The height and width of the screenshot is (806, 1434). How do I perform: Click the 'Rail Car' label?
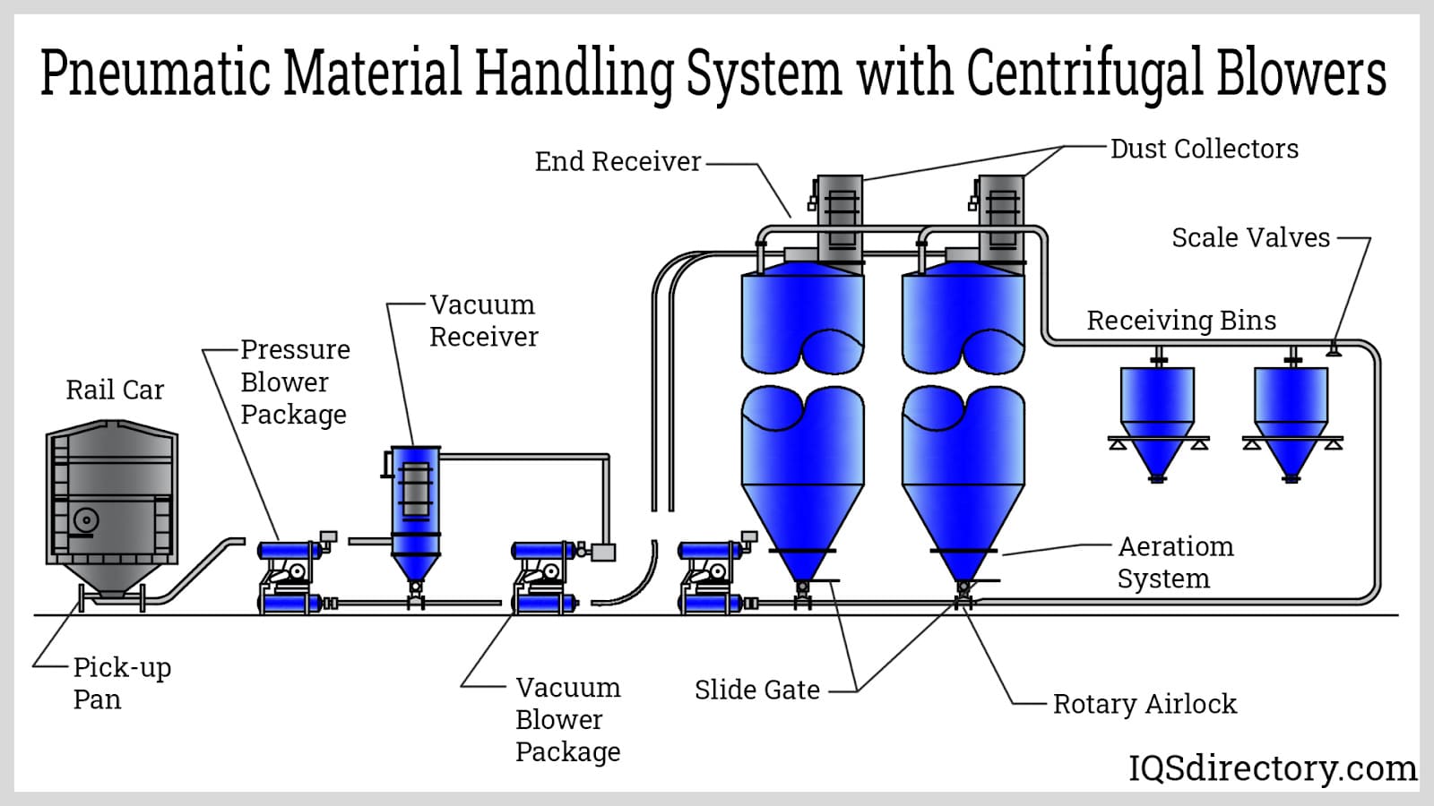[x=116, y=390]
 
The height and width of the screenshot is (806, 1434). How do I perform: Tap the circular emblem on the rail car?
[x=85, y=520]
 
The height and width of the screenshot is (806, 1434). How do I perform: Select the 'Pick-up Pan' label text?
[x=122, y=683]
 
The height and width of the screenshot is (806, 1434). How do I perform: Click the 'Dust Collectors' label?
[x=1205, y=149]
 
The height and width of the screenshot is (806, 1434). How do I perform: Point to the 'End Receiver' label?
[x=618, y=162]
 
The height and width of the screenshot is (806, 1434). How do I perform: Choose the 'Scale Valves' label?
[x=1251, y=238]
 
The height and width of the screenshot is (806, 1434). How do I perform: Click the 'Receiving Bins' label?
[x=1181, y=321]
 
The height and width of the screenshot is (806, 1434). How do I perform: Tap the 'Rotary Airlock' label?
[x=1145, y=704]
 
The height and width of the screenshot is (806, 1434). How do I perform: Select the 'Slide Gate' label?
[x=756, y=690]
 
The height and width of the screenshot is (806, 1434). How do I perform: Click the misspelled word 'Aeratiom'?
[x=1175, y=547]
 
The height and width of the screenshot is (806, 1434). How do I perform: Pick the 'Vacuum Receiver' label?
[x=483, y=321]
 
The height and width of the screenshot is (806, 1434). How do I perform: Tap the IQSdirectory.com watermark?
[x=1273, y=768]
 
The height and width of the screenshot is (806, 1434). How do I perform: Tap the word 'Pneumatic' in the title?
[x=154, y=72]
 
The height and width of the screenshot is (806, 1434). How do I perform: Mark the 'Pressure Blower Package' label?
[x=295, y=382]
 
